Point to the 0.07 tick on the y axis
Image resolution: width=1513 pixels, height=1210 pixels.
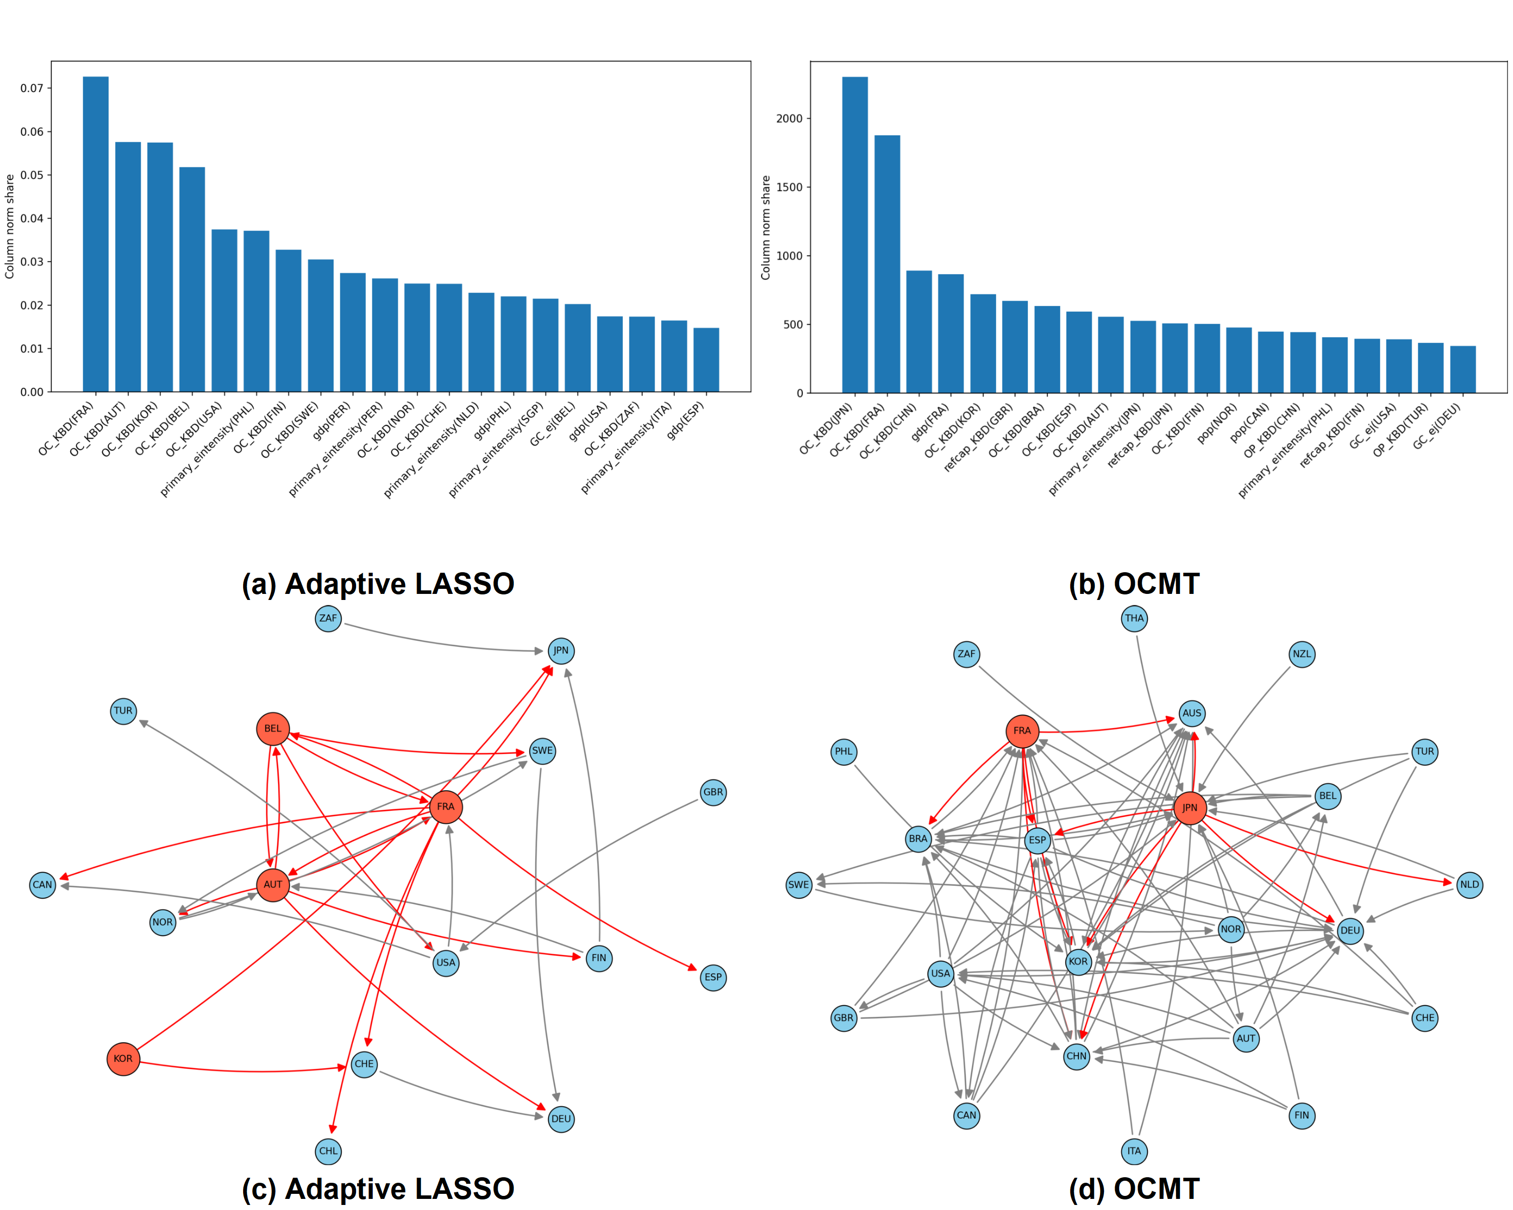(32, 88)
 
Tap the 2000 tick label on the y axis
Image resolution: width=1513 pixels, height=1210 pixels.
(789, 118)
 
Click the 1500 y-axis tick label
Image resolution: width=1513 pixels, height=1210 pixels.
(789, 187)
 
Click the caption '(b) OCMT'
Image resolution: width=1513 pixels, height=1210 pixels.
(1133, 584)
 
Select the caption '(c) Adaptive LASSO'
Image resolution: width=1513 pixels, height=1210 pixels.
(378, 1188)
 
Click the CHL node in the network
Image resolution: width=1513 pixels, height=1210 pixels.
(328, 1151)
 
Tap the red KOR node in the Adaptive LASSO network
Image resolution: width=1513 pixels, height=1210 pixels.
(123, 1058)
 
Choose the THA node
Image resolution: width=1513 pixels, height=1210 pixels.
(1134, 618)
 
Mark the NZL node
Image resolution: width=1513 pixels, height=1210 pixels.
(1302, 654)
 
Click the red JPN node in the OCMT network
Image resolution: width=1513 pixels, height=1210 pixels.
(1190, 807)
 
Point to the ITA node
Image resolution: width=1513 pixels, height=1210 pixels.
(1134, 1151)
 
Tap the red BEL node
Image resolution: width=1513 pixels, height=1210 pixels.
(272, 729)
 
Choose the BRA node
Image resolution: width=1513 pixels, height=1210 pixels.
(918, 838)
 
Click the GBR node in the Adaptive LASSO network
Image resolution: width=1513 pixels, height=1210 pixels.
(713, 792)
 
